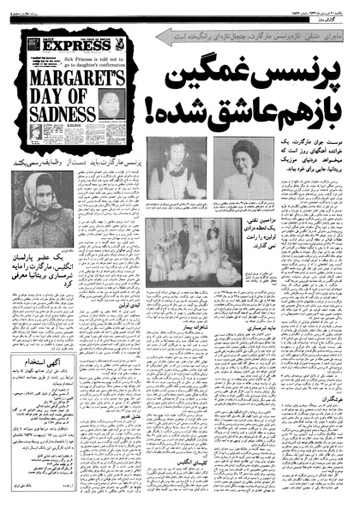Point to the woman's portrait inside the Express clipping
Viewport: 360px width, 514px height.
point(111,101)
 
